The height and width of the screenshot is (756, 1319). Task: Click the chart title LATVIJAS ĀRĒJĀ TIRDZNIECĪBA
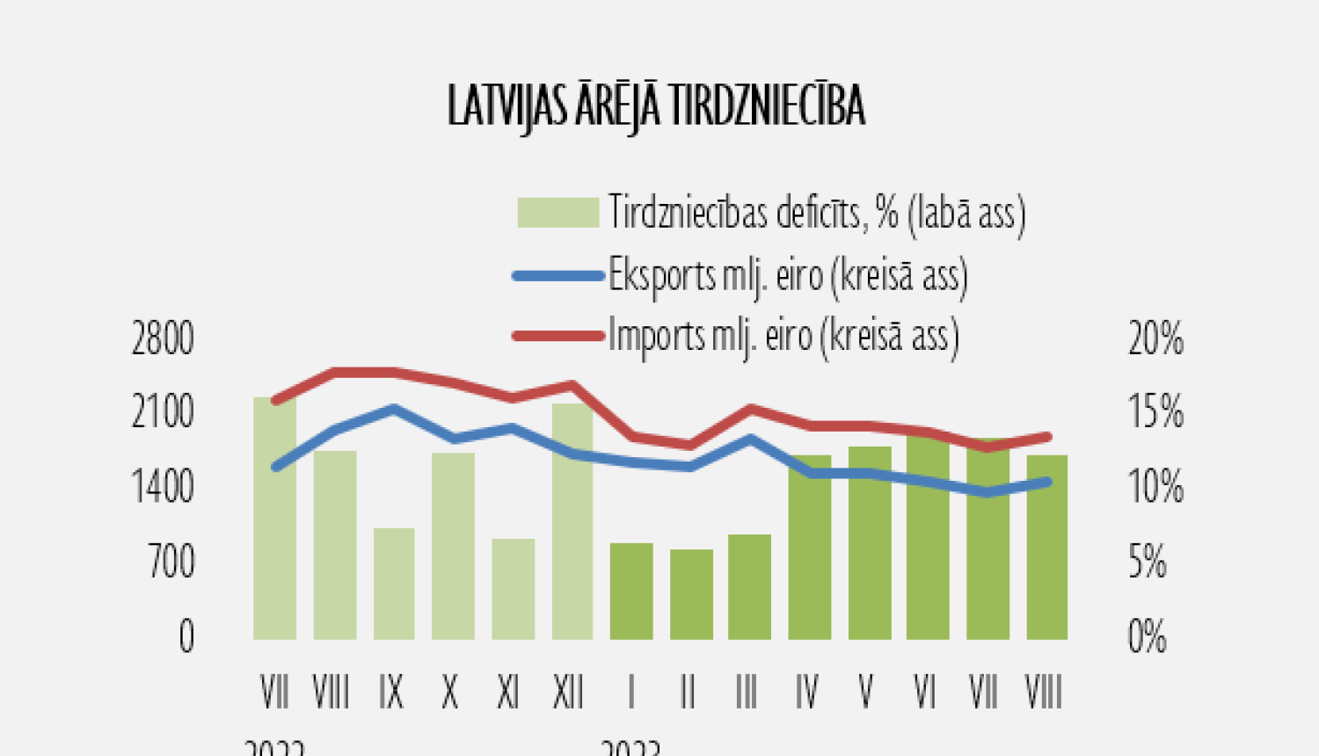(656, 106)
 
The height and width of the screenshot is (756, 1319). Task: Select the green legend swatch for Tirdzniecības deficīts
(557, 213)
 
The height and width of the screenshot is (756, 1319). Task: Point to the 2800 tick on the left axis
(163, 339)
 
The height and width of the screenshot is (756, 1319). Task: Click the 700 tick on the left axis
(171, 562)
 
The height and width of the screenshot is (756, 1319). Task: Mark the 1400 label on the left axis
(163, 487)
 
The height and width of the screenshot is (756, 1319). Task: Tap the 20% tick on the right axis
(1155, 339)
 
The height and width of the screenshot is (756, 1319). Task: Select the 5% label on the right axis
(1148, 562)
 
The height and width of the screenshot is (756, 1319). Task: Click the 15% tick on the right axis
(1155, 412)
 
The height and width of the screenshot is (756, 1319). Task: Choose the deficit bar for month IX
(394, 584)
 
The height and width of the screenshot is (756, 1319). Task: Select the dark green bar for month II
(691, 594)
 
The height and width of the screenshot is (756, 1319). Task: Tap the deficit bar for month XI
(514, 589)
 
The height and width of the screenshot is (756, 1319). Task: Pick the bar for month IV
(810, 547)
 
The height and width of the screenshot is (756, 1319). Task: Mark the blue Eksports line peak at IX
(394, 408)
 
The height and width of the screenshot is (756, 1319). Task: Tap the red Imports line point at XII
(572, 385)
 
